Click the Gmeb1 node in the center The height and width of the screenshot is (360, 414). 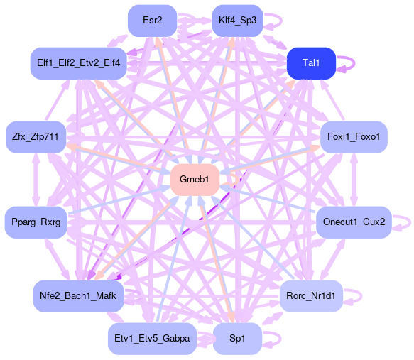(195, 180)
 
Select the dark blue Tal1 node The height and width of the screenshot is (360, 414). (311, 63)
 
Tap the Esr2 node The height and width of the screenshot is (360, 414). (153, 21)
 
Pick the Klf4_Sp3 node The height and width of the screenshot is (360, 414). (238, 21)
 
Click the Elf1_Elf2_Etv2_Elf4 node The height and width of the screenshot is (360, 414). (78, 63)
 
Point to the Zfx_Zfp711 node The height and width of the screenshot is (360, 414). (36, 137)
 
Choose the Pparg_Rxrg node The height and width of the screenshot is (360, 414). (36, 222)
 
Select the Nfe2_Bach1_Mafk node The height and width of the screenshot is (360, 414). (78, 296)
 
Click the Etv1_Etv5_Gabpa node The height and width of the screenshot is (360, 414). (152, 339)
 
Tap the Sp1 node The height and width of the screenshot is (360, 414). (237, 339)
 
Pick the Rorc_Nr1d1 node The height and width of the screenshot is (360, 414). (311, 296)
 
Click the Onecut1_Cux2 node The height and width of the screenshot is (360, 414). (354, 222)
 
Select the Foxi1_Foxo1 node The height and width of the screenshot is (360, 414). (354, 137)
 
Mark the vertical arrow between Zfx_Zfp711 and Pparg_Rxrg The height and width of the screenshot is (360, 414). (36, 180)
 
